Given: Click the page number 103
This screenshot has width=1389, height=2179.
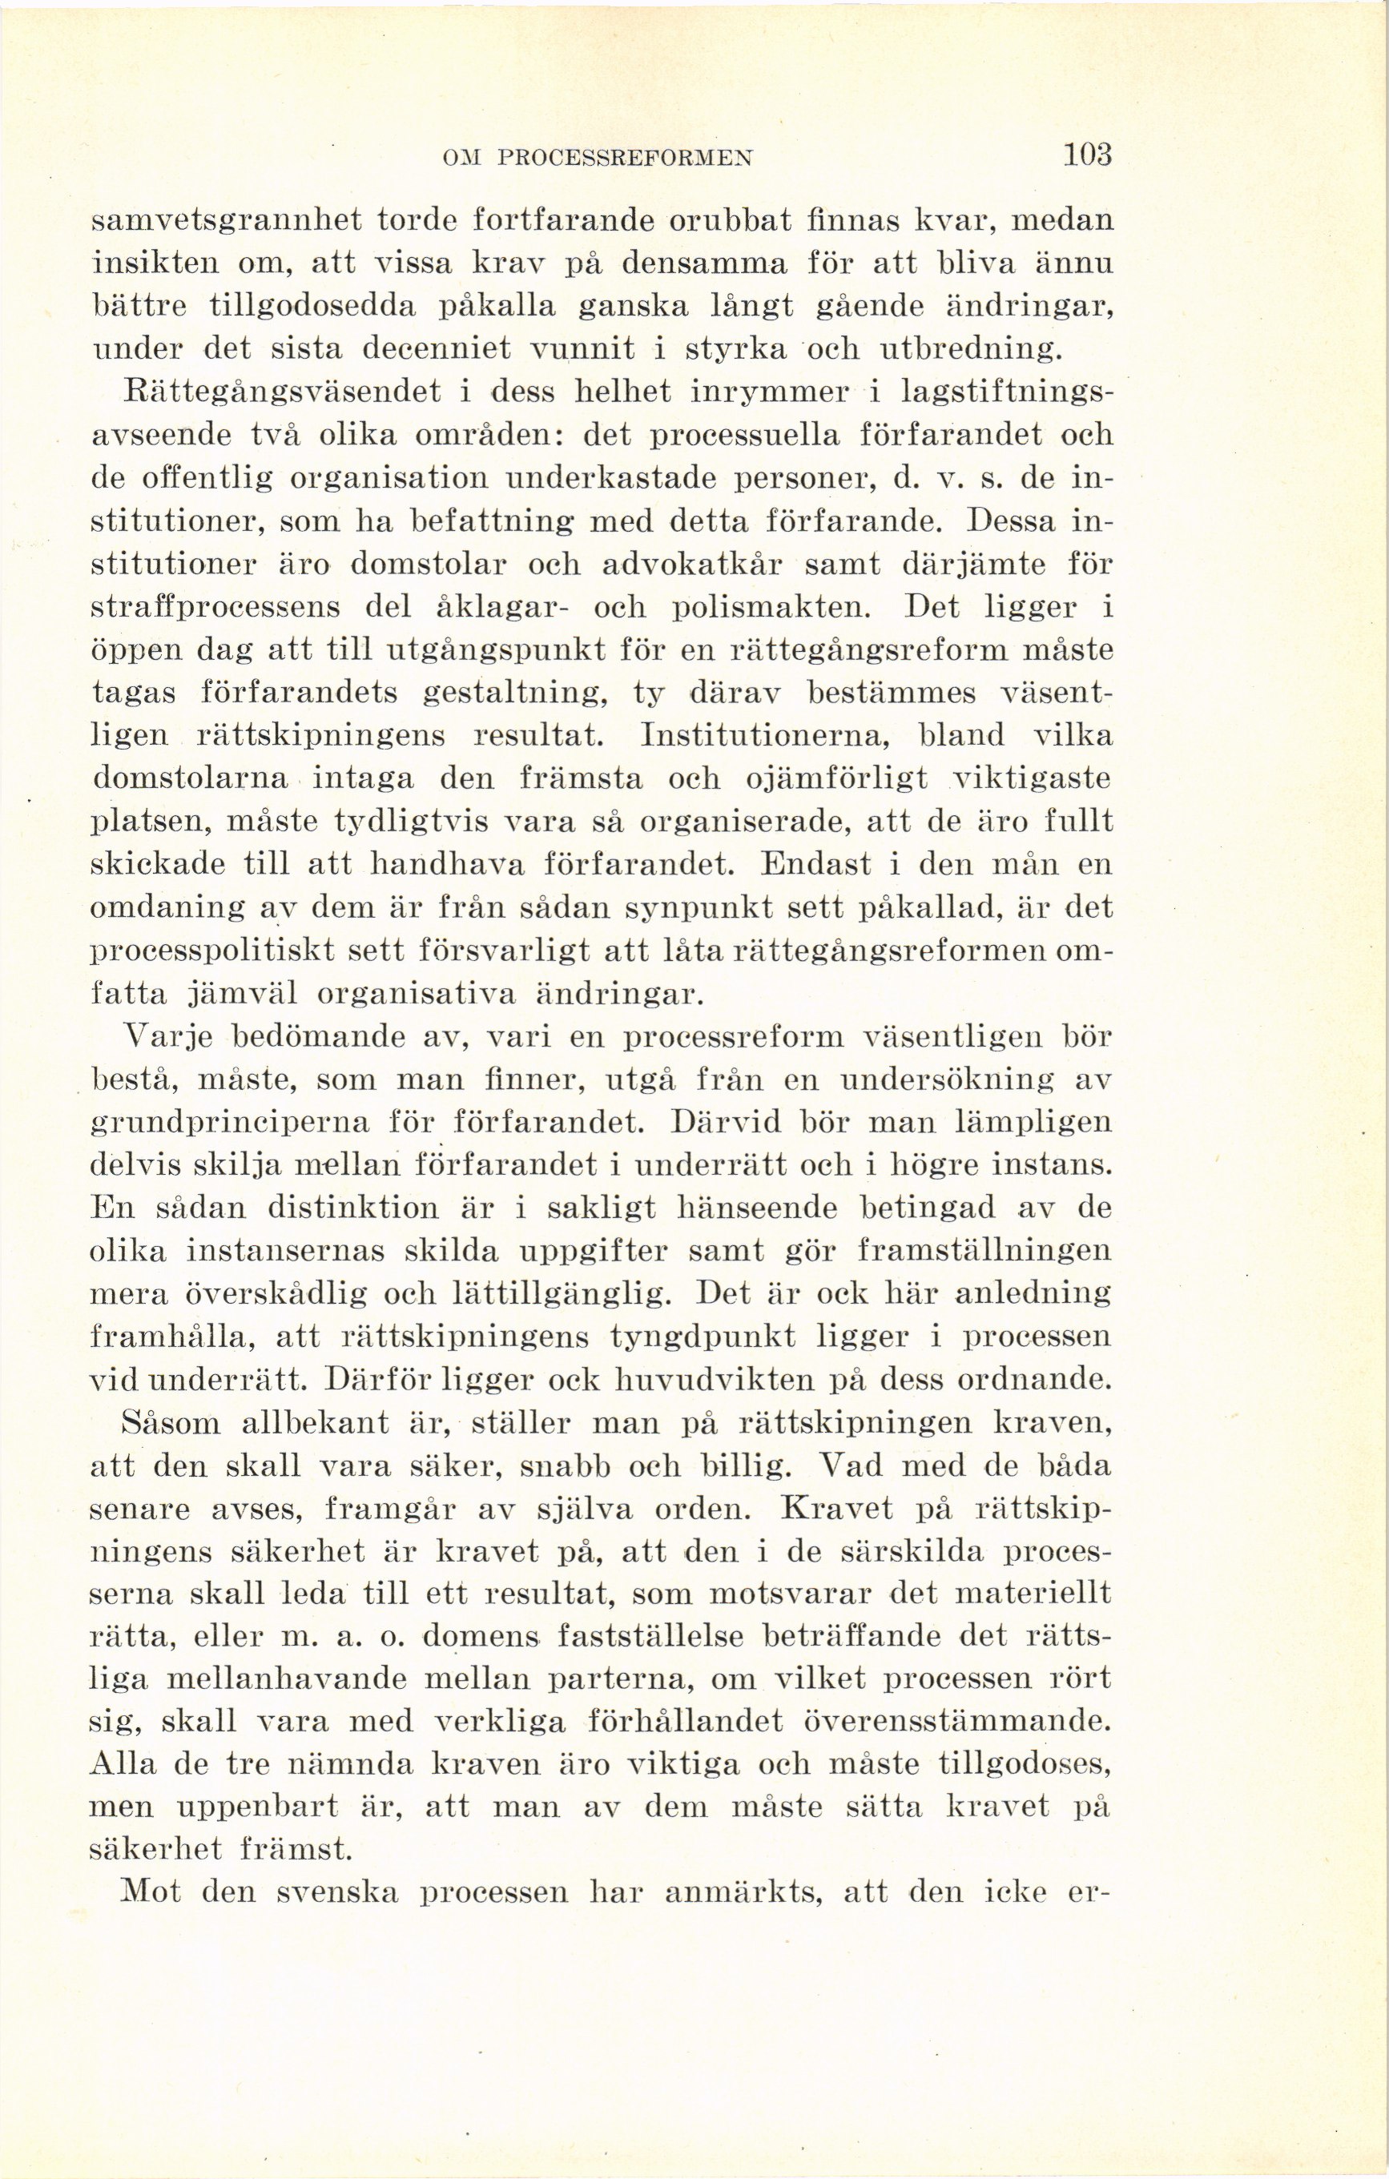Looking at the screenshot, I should pos(1086,155).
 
